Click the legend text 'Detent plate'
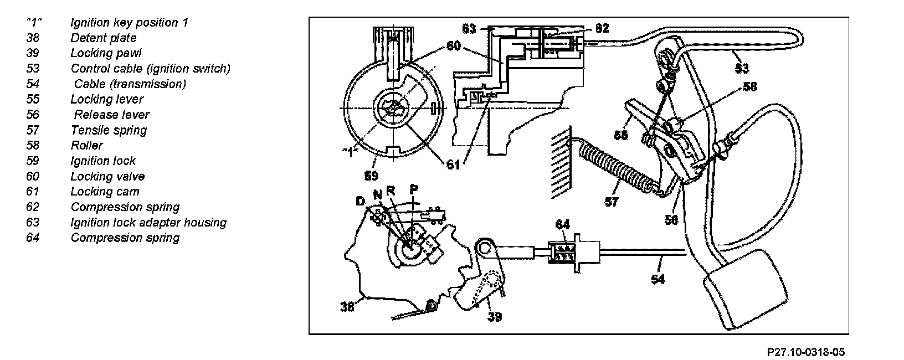(103, 38)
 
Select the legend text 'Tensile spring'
(109, 130)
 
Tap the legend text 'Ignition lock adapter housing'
(148, 222)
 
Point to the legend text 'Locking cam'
(105, 192)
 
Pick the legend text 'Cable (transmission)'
(130, 84)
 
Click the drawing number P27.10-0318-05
(806, 352)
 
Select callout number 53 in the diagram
(742, 68)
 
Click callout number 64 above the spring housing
(562, 224)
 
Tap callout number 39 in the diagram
(494, 316)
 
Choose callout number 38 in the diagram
(347, 306)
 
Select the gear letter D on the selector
(361, 201)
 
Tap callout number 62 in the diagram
(602, 28)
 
